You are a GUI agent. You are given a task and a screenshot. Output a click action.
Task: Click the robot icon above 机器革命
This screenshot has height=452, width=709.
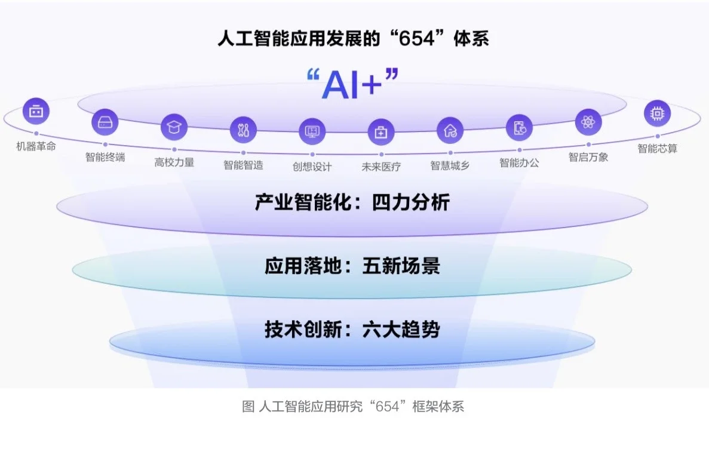click(x=36, y=111)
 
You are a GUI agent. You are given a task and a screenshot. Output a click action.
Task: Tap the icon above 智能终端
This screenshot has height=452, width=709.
click(x=105, y=122)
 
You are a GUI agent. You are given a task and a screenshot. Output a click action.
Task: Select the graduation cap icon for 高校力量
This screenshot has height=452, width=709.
click(x=174, y=127)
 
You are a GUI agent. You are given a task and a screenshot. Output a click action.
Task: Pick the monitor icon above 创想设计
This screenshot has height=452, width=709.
click(x=312, y=131)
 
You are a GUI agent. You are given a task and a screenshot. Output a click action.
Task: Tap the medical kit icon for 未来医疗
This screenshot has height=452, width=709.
click(x=381, y=132)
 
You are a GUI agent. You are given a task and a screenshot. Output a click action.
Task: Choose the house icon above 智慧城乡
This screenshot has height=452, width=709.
click(x=450, y=130)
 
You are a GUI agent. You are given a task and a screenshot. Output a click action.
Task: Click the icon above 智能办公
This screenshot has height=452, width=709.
click(x=519, y=127)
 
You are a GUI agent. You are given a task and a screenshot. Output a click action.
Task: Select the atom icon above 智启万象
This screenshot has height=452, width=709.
click(x=588, y=122)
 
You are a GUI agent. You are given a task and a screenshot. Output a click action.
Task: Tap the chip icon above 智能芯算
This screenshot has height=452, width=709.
click(x=657, y=113)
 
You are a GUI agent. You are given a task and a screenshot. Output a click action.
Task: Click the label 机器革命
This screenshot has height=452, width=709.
click(x=36, y=146)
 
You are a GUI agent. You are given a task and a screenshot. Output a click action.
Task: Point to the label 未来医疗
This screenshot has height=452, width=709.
click(x=381, y=167)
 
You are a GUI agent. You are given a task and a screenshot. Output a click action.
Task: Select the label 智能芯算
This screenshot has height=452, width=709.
click(x=657, y=148)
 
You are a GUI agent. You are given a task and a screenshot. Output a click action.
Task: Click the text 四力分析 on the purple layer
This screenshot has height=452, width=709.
click(x=411, y=203)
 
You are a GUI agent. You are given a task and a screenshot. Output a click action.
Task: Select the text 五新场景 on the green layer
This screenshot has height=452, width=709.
click(x=401, y=266)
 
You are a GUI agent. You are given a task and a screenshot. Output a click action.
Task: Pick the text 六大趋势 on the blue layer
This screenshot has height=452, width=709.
click(x=401, y=330)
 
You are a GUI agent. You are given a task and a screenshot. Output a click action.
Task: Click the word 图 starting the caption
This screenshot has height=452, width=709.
click(x=248, y=407)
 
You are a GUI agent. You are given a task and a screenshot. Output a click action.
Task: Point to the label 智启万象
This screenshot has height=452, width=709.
click(x=588, y=158)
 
